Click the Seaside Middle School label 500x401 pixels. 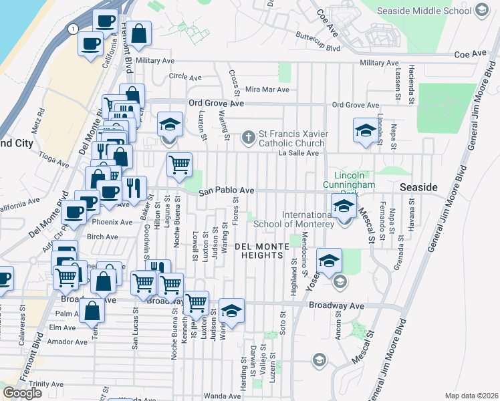[424, 11]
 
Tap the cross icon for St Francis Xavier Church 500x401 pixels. [249, 138]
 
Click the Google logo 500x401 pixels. [22, 393]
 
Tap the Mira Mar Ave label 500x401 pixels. [267, 90]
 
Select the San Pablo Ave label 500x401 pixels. [227, 190]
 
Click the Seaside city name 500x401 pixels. [418, 188]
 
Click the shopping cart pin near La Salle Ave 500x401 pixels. [178, 164]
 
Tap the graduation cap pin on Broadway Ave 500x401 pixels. [231, 311]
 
